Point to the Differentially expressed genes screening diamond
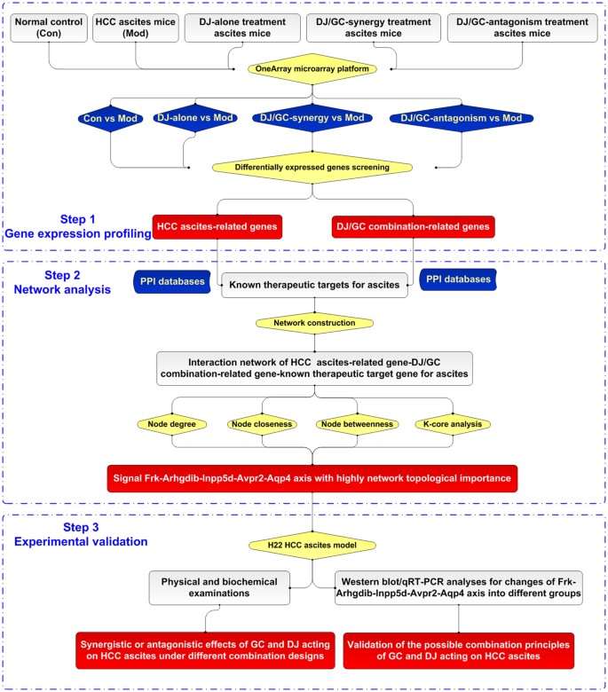(313, 166)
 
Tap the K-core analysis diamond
(451, 424)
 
